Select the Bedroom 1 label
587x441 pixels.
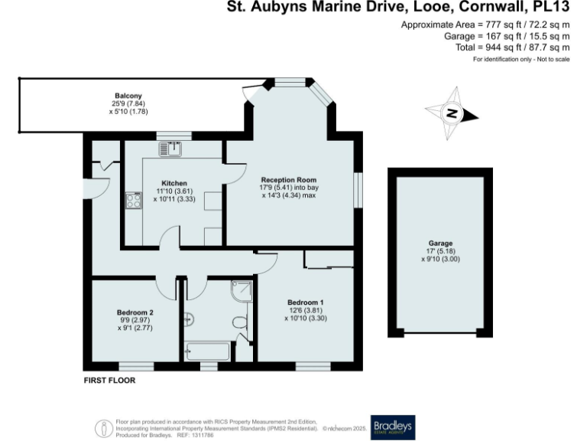(305, 302)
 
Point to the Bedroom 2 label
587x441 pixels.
(135, 312)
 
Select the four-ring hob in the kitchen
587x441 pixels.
(134, 201)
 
